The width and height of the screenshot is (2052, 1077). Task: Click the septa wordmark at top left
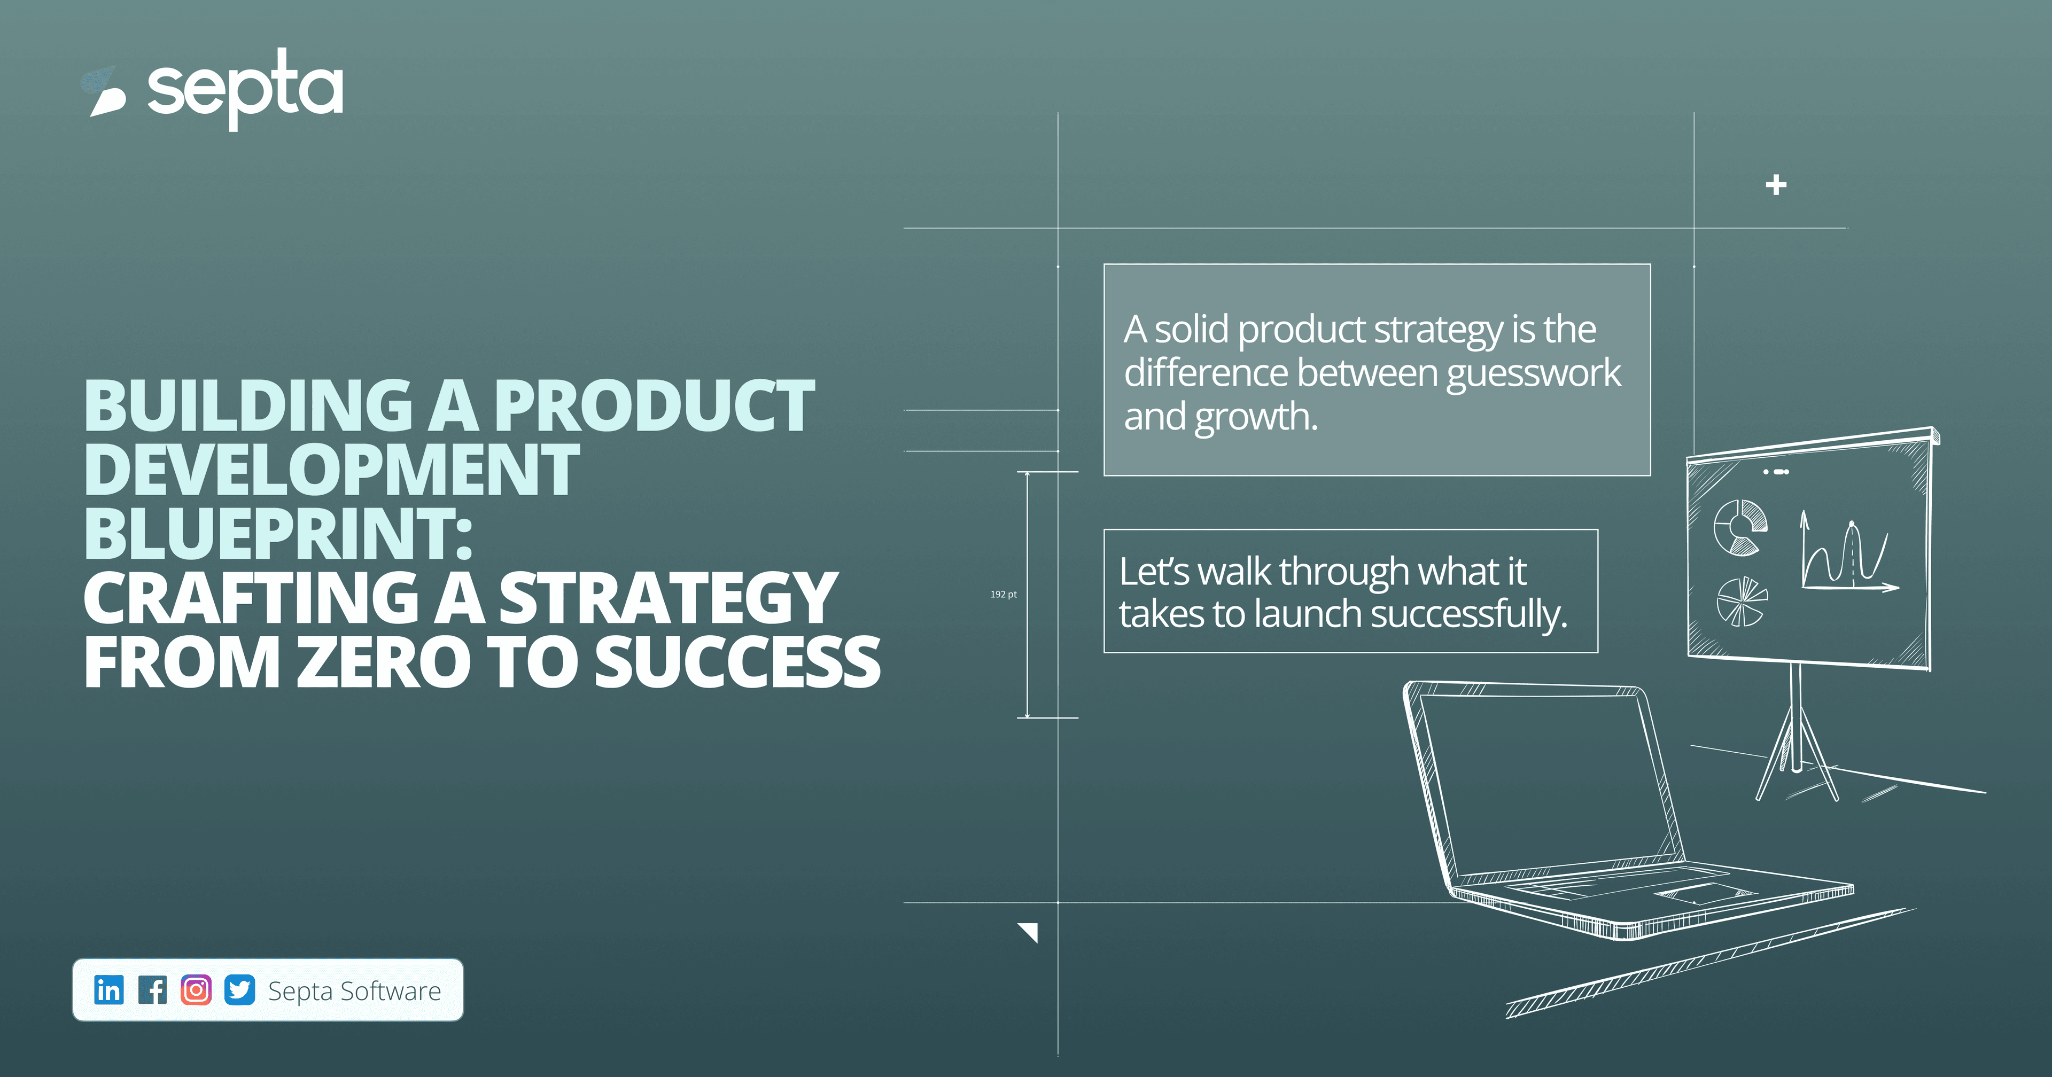[245, 89]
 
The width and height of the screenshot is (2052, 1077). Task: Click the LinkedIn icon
[109, 989]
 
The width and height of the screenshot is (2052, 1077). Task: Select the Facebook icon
[153, 989]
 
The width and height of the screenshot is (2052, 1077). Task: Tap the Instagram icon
[196, 989]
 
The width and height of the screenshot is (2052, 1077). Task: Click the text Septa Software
[354, 991]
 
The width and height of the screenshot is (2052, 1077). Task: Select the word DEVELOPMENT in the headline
[331, 470]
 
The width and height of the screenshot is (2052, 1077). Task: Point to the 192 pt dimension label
[1003, 594]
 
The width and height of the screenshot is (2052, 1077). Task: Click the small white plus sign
[1776, 185]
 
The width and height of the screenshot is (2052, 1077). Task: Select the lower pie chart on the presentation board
[1740, 602]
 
